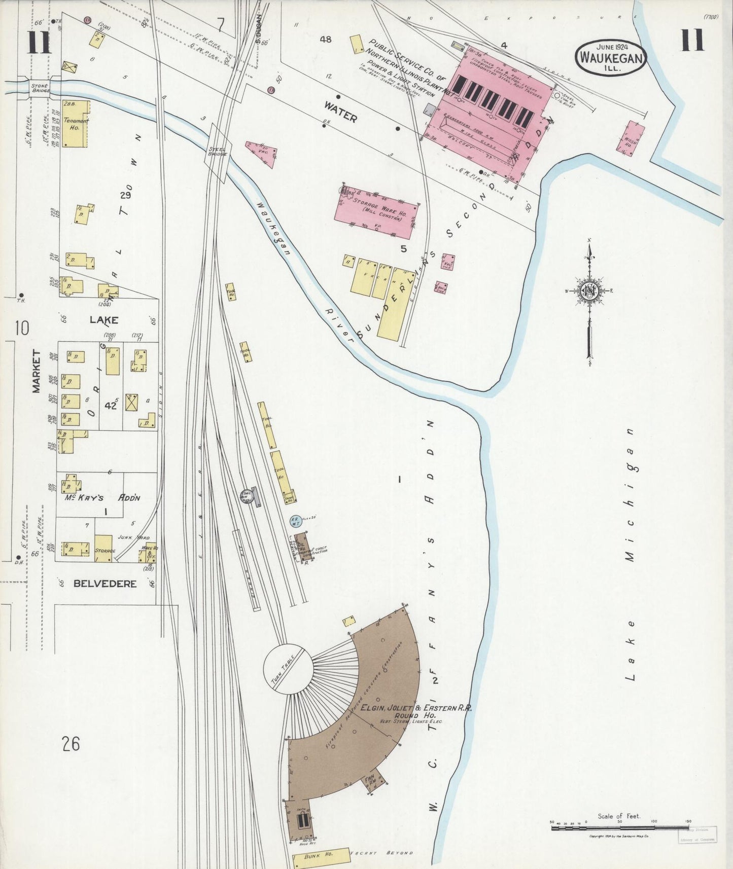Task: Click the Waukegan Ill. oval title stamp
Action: pos(611,58)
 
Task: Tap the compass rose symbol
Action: pos(589,291)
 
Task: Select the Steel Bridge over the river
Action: pos(217,151)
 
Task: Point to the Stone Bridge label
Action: pos(39,89)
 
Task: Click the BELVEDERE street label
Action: pos(105,584)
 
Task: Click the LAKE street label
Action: pos(104,320)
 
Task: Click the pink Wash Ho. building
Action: pos(631,137)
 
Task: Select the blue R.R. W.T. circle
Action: pos(295,520)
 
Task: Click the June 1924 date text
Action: pos(611,47)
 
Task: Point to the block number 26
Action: pos(71,744)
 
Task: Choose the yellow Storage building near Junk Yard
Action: pos(103,548)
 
